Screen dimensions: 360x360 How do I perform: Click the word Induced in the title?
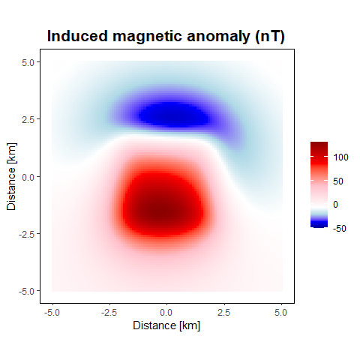click(x=78, y=36)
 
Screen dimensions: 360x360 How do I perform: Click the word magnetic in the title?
click(x=147, y=37)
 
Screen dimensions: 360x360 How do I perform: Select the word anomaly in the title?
click(x=218, y=37)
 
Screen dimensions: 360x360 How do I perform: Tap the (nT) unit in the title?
click(x=270, y=37)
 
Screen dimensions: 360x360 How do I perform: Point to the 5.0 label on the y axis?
click(x=28, y=63)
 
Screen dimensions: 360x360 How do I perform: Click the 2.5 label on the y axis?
click(x=28, y=120)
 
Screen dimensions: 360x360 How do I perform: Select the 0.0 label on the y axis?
click(x=28, y=177)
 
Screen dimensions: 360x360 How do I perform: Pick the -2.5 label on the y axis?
click(x=26, y=235)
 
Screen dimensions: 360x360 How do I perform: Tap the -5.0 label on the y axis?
click(x=26, y=292)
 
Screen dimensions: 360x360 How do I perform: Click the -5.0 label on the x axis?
click(x=52, y=313)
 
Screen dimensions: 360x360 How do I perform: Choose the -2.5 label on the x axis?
click(x=109, y=313)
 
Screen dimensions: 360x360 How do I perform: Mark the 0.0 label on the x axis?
click(x=166, y=313)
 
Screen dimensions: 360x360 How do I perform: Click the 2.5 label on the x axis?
click(x=223, y=313)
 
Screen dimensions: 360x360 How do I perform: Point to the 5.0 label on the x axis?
click(x=280, y=313)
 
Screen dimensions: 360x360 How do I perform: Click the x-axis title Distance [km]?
click(x=166, y=325)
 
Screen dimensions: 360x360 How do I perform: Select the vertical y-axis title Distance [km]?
click(x=11, y=176)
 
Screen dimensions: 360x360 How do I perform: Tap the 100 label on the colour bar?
click(x=340, y=157)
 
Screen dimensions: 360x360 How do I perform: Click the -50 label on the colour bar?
click(x=340, y=228)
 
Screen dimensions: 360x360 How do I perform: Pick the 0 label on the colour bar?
click(x=335, y=205)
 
